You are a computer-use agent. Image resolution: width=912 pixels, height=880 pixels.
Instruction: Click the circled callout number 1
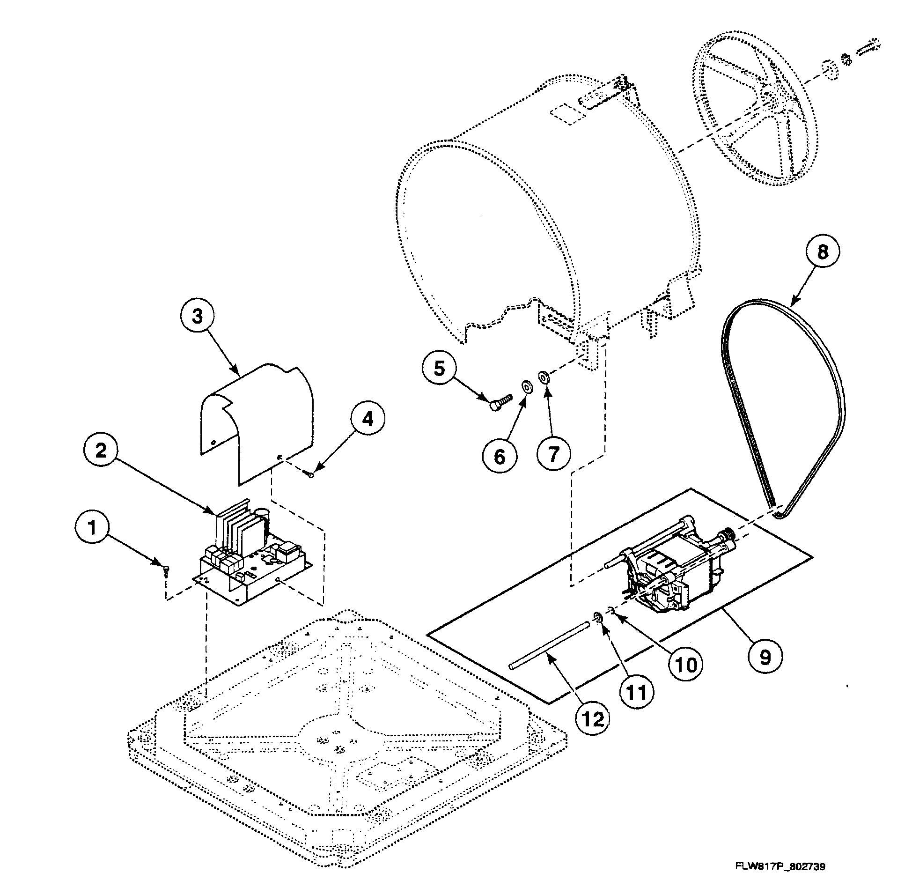click(x=92, y=528)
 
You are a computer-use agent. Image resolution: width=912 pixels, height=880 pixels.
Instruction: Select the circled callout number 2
click(x=101, y=451)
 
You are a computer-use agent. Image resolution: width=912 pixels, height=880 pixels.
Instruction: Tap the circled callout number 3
click(x=198, y=316)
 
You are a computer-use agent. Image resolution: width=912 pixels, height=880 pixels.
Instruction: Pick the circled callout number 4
click(x=368, y=420)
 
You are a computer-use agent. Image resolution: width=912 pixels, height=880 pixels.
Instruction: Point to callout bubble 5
click(x=439, y=369)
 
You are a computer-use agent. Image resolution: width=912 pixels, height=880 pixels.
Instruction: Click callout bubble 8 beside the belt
click(x=823, y=252)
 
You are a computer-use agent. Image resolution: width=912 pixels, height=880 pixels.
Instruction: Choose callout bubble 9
click(x=765, y=658)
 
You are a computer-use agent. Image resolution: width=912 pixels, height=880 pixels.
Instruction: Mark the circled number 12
click(x=593, y=719)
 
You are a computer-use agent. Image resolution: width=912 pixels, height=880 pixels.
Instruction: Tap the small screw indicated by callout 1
click(x=167, y=570)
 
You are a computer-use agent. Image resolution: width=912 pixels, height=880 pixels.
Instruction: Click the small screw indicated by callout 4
click(x=311, y=475)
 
